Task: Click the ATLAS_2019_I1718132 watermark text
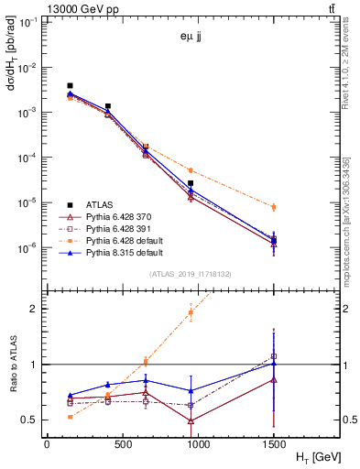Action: pyautogui.click(x=183, y=274)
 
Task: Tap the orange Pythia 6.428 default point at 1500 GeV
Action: pyautogui.click(x=274, y=207)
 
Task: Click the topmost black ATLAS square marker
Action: pyautogui.click(x=70, y=85)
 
